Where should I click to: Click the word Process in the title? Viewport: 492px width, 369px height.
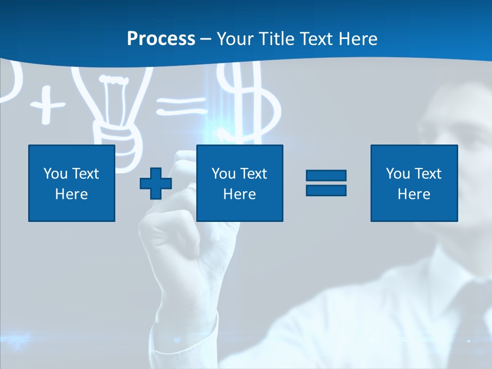tap(161, 39)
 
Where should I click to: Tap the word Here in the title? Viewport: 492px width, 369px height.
tap(358, 39)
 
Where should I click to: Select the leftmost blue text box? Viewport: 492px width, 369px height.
tap(72, 183)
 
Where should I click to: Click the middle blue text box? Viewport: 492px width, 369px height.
tap(239, 183)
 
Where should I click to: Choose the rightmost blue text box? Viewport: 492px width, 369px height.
tap(414, 183)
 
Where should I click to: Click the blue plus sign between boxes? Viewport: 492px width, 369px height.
tap(156, 183)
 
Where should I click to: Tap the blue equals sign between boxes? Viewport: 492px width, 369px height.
tap(326, 183)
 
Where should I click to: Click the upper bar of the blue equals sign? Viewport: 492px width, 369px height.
tap(326, 176)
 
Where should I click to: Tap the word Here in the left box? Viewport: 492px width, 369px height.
tap(72, 194)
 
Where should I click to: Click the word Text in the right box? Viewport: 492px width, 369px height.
tap(428, 174)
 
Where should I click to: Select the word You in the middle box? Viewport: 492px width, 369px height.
tap(223, 174)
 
